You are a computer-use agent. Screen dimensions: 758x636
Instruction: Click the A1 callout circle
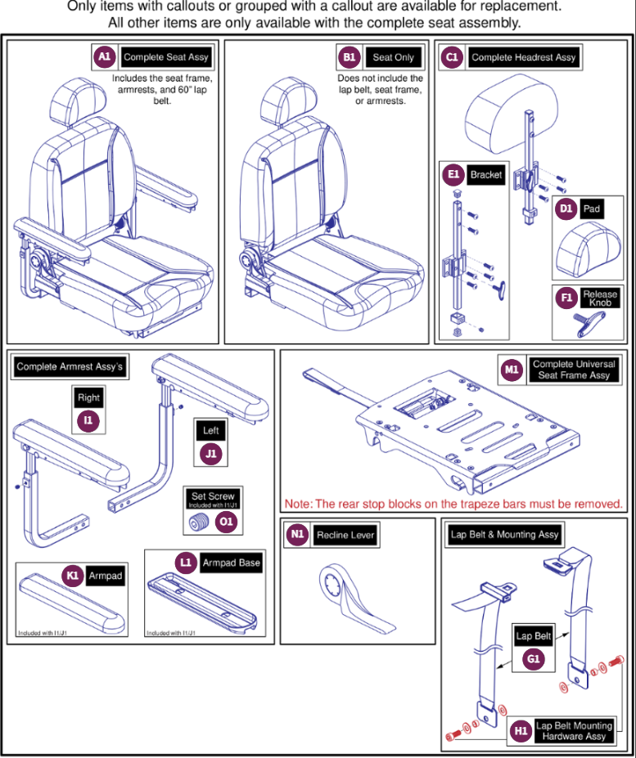coord(104,57)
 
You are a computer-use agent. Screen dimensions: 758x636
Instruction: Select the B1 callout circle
coord(350,57)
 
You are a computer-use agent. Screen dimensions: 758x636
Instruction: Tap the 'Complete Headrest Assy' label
coord(524,57)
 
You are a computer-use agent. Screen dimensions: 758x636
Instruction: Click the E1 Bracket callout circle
coord(453,175)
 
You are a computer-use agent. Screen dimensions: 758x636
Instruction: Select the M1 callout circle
coord(512,370)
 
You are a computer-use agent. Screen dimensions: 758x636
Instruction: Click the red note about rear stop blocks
coord(453,504)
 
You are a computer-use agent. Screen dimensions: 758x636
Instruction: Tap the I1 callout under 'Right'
coord(88,421)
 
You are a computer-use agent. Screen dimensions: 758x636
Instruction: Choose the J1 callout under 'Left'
coord(211,454)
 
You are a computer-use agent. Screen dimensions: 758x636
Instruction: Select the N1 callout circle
coord(297,536)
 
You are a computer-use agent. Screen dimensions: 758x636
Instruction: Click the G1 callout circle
coord(535,658)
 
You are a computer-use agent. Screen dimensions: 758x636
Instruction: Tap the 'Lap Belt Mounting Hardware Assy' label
coord(574,731)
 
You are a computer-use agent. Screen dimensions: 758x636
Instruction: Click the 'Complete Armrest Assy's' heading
coord(70,367)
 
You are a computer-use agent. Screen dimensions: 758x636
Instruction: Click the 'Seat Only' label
coord(393,57)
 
